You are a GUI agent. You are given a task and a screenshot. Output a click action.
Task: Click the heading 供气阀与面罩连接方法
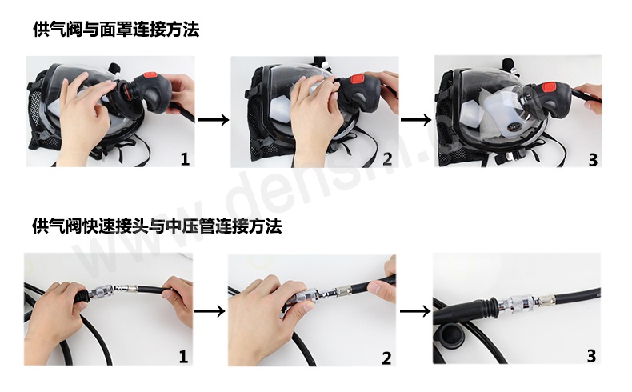click(116, 30)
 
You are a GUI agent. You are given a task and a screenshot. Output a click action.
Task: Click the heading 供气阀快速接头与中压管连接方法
click(157, 226)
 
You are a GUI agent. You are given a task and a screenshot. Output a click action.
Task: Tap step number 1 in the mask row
click(185, 159)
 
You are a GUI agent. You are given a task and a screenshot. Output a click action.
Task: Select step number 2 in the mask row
click(387, 159)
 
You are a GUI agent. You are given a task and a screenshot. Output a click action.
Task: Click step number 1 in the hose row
click(183, 356)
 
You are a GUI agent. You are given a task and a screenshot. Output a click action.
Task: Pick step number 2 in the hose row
click(387, 358)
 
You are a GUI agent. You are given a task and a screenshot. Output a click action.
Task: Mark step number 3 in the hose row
click(592, 356)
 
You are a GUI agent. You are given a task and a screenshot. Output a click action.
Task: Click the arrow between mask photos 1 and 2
click(213, 120)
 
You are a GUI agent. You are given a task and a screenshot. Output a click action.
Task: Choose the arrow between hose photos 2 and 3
click(415, 312)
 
